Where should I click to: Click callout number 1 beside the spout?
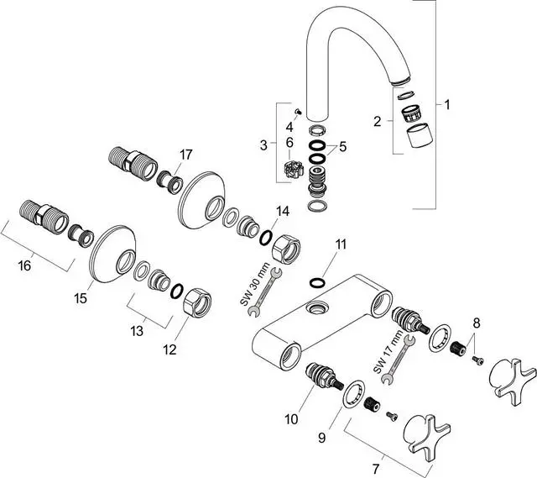click(447, 105)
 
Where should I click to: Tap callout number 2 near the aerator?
click(378, 122)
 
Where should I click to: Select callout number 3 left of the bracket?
click(263, 144)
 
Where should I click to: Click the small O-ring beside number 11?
click(317, 281)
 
